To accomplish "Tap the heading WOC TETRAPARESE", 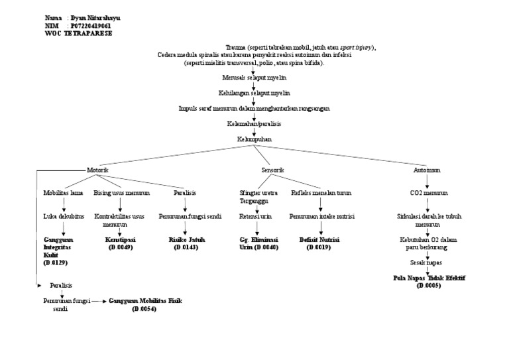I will tap(78, 33).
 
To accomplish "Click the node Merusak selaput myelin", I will tap(254, 77).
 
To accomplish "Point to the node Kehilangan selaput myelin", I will tap(254, 93).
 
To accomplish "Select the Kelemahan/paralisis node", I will tap(254, 123).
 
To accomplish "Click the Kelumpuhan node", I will tap(254, 139).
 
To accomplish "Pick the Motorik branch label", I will tap(97, 170).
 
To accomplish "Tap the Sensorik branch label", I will tap(272, 170).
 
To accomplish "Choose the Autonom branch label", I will tap(427, 170).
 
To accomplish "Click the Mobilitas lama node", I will tap(64, 193).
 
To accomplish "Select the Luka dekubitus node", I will tap(64, 216).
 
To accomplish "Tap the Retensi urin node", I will tap(255, 216).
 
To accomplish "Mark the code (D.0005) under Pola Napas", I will tap(427, 286).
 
